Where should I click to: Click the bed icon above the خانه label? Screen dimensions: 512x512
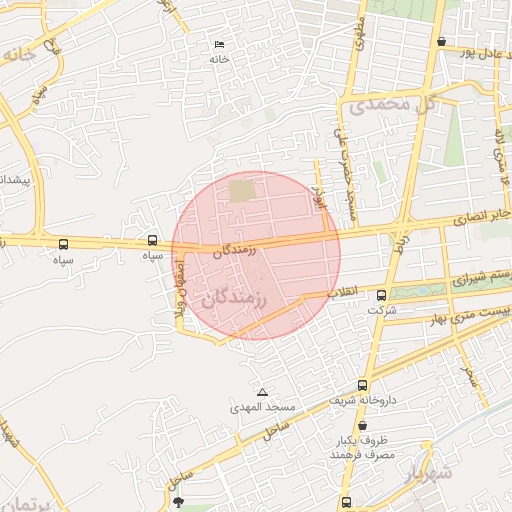[x=220, y=45]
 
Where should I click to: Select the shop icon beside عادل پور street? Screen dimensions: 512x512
[x=442, y=41]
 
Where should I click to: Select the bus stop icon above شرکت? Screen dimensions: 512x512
[x=381, y=295]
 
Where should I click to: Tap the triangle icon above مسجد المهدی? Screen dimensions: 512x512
[x=262, y=392]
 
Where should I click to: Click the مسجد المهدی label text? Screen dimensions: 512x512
[x=262, y=408]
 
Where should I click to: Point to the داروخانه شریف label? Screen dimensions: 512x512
[x=363, y=400]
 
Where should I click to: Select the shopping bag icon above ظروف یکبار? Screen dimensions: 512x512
[x=361, y=425]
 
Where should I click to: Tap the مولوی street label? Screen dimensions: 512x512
[x=358, y=34]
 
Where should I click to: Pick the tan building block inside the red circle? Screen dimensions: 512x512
[x=242, y=190]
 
